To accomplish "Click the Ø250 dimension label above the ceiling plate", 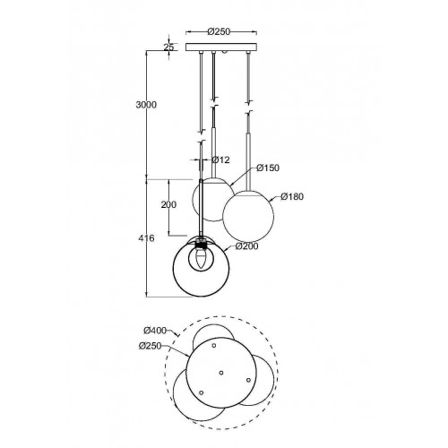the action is pos(219,31).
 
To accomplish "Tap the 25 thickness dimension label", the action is pos(168,47).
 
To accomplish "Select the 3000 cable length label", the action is pos(146,105).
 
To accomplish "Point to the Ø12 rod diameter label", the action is pos(220,160).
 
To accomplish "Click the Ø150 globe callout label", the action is pos(268,168).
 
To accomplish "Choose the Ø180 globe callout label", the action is pos(292,196).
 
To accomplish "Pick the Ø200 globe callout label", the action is pos(246,246).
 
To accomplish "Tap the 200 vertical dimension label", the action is pos(168,204).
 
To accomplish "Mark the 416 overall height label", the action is pos(146,238).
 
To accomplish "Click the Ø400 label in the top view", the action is pos(155,331).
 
